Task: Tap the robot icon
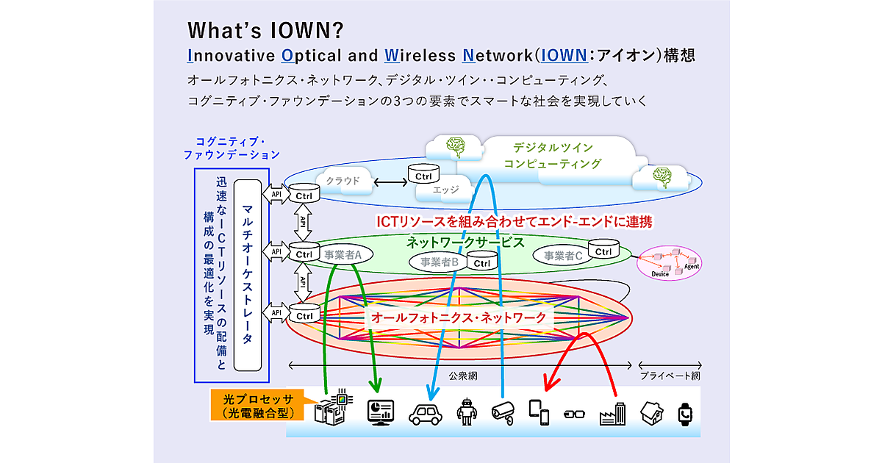pyautogui.click(x=467, y=412)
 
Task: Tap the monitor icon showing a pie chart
pyautogui.click(x=381, y=412)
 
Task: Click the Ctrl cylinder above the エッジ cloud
pyautogui.click(x=423, y=175)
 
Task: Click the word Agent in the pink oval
pyautogui.click(x=691, y=266)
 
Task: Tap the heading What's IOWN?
pyautogui.click(x=266, y=30)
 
